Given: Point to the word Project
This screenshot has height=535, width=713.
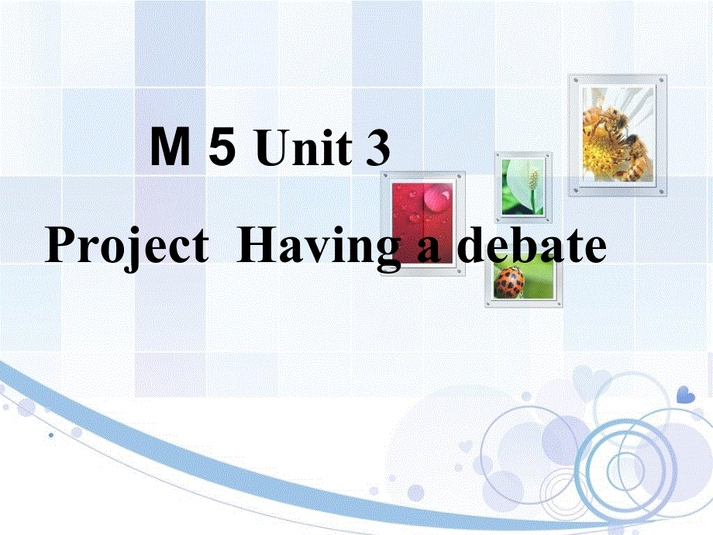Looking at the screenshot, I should [127, 248].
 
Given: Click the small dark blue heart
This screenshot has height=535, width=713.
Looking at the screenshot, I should [686, 395].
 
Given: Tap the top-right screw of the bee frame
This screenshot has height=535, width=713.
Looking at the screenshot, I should [661, 79].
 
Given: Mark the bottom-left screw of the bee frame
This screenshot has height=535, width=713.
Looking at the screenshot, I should [574, 191].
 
